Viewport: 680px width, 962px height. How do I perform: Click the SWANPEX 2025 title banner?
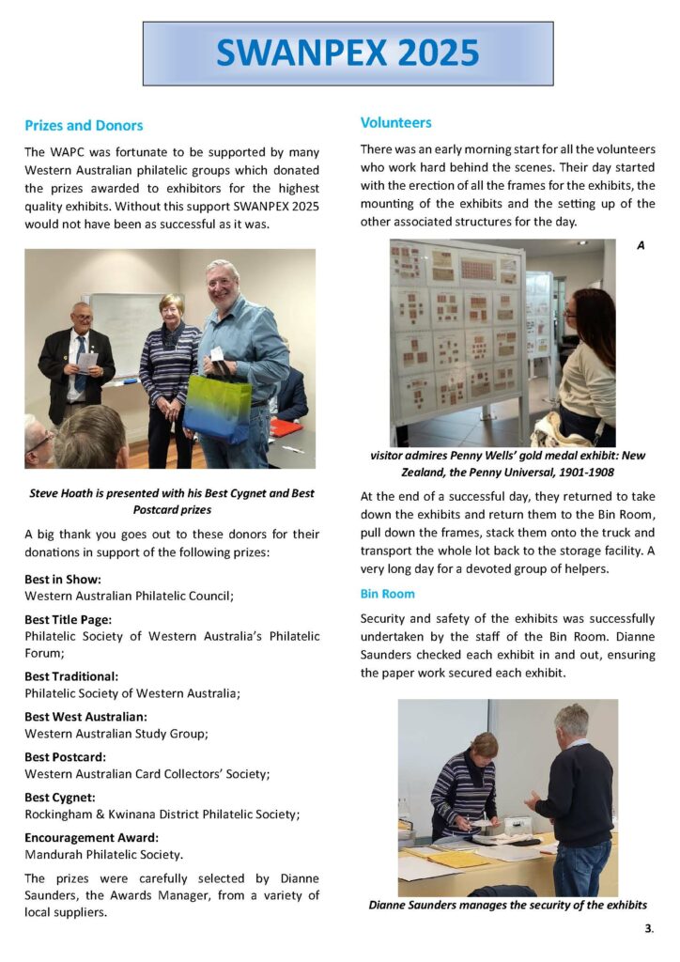[x=348, y=54]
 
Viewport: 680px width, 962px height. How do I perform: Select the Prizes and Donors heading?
[x=84, y=125]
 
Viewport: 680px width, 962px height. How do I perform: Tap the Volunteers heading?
[x=395, y=122]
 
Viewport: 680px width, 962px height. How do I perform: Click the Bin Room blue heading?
[x=387, y=594]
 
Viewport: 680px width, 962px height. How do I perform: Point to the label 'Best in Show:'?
[x=63, y=580]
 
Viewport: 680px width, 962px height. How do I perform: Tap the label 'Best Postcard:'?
[x=65, y=757]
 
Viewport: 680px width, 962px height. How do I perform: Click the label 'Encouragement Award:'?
[x=91, y=838]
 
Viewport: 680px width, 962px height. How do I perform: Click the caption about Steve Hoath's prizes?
[x=171, y=502]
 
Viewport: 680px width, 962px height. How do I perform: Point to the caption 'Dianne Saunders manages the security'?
[x=507, y=905]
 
